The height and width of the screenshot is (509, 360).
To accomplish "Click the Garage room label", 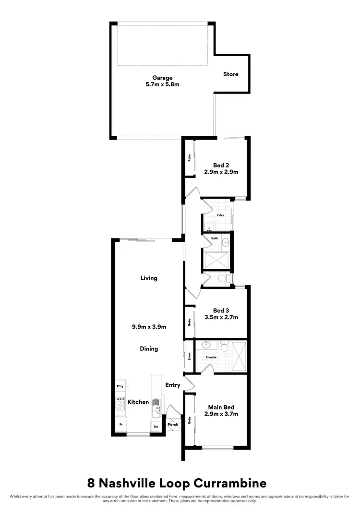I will [162, 78].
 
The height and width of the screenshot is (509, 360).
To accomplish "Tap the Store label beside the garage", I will [230, 74].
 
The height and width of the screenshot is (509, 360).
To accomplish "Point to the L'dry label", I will [220, 215].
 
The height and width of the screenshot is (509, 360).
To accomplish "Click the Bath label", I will [215, 238].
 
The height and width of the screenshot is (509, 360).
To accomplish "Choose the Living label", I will [149, 278].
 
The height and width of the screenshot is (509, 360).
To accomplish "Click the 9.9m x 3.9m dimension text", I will [149, 327].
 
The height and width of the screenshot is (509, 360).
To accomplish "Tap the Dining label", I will [149, 349].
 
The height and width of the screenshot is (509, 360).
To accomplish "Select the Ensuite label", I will [211, 357].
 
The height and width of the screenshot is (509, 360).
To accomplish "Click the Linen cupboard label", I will [190, 356].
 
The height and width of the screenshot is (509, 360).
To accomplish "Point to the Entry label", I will [173, 385].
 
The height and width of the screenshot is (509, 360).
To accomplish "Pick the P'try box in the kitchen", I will [120, 386].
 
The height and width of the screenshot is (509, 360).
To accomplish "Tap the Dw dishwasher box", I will [156, 426].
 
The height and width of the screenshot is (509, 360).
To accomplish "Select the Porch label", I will [173, 425].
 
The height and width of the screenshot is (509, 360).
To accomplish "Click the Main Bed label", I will [221, 407].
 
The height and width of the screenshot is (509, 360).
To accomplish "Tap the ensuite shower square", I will [239, 356].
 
